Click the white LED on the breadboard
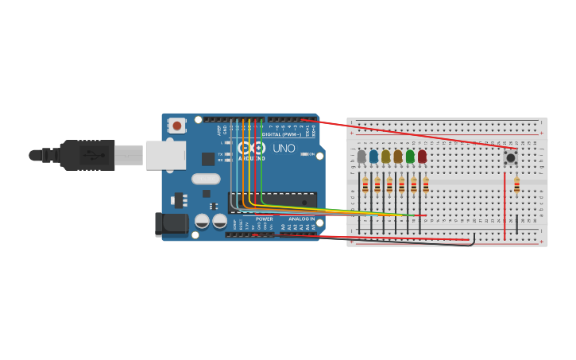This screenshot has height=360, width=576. [x=361, y=157]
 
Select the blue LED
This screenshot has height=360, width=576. [x=373, y=157]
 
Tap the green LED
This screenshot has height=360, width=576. [x=410, y=157]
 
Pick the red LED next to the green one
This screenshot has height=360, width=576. [x=422, y=157]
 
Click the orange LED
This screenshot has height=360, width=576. [x=398, y=157]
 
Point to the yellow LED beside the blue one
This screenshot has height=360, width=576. [x=386, y=157]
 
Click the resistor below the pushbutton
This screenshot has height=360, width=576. [x=516, y=185]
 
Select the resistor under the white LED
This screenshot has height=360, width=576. [x=365, y=185]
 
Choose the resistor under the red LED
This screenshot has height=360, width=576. [x=426, y=185]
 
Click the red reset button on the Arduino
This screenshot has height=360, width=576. [x=176, y=126]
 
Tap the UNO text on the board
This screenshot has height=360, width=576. [x=284, y=149]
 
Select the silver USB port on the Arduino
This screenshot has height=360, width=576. [x=165, y=155]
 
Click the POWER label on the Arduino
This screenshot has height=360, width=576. [x=265, y=219]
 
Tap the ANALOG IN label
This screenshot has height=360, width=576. [x=301, y=219]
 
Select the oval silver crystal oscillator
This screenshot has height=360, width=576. [x=206, y=179]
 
